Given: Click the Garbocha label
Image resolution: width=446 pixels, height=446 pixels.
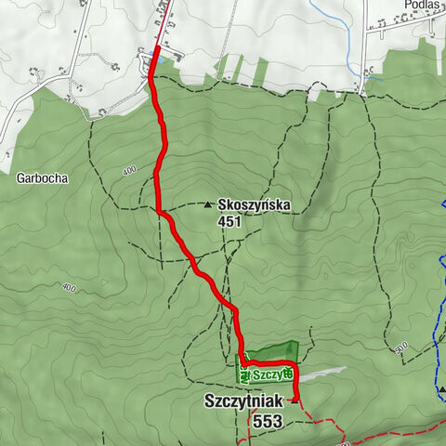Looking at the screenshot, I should click(x=42, y=175).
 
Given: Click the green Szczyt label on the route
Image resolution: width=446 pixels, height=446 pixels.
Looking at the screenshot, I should click(x=269, y=374).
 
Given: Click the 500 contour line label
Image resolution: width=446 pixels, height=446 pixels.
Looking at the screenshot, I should click(x=400, y=348).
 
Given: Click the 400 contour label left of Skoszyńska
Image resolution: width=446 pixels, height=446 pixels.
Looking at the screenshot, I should click(x=128, y=171).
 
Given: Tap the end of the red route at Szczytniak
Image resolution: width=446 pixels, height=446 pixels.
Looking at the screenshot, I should click(x=295, y=400).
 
